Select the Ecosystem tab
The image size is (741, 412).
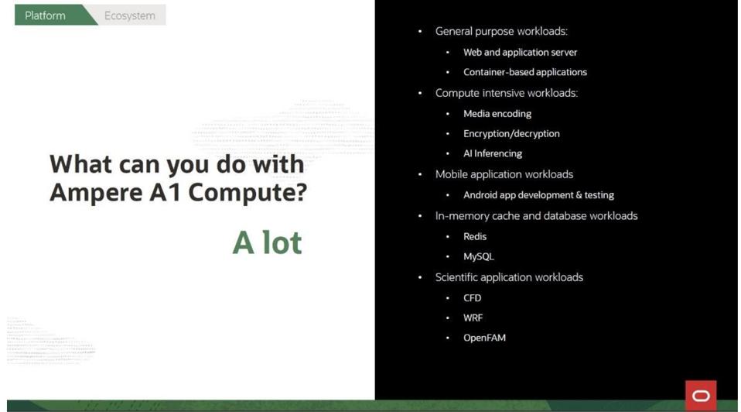[129, 15]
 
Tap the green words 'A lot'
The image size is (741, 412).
[268, 242]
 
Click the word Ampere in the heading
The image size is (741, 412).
[96, 193]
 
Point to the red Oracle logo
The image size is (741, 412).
[701, 396]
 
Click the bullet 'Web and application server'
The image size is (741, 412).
[520, 52]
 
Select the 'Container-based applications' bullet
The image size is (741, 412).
[525, 72]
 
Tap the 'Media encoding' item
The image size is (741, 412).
[497, 114]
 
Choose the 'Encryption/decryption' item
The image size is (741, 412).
[511, 133]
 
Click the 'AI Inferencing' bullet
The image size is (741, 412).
[493, 153]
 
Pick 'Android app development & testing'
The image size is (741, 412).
[538, 195]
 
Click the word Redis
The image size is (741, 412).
[474, 236]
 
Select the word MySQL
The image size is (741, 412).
[478, 256]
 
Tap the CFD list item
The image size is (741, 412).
[472, 298]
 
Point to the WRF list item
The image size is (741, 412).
[473, 318]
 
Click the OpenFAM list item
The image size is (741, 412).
[484, 338]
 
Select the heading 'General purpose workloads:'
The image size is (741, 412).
[501, 31]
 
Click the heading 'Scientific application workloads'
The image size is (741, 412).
[509, 277]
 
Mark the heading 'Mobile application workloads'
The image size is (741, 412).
[504, 174]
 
